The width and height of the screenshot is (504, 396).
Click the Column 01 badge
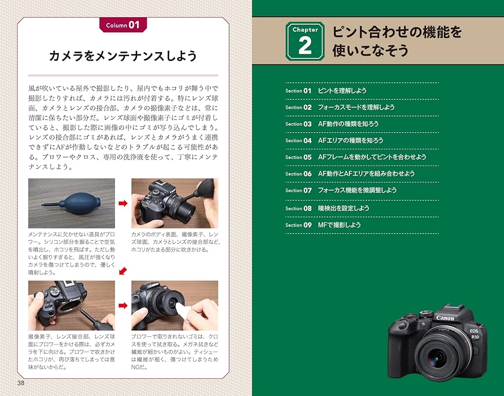pos(122,25)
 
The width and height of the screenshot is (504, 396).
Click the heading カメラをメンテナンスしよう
pos(122,56)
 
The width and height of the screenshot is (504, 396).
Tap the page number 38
pos(21,383)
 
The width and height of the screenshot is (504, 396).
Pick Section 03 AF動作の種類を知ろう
pos(348,124)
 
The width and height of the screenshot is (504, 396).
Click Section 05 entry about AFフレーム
pos(371,157)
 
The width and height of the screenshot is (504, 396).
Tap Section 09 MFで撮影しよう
pos(339,225)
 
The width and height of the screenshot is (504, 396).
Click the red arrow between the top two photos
pos(122,203)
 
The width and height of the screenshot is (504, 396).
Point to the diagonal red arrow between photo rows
pos(122,272)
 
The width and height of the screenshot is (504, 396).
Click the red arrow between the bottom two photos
pos(122,305)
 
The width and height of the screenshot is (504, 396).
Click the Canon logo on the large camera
pos(445,318)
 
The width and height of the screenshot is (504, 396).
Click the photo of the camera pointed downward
pos(71,305)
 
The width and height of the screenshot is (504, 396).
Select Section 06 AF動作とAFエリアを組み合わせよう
pos(366,174)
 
